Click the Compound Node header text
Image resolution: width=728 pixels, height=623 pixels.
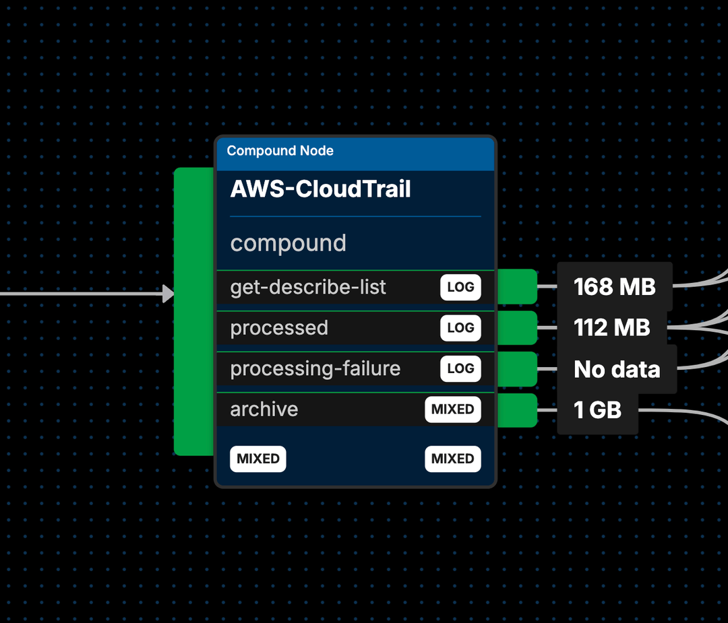click(x=280, y=151)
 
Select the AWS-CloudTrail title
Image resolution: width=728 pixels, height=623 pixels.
click(x=320, y=189)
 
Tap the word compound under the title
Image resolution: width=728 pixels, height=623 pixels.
click(x=288, y=243)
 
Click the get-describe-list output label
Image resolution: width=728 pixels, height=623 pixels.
click(x=308, y=288)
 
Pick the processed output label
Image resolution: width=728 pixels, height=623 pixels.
click(x=279, y=328)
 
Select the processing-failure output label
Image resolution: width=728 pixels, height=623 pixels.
click(x=315, y=369)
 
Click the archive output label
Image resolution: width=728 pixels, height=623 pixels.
click(x=264, y=409)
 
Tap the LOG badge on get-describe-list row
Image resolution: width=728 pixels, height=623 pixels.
click(x=460, y=288)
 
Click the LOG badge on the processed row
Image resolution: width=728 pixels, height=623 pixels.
click(x=460, y=328)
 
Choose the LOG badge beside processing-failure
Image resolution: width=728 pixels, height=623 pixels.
click(x=460, y=369)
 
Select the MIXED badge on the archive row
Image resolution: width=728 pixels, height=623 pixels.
click(x=452, y=409)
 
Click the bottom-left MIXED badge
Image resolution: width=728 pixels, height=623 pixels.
click(x=258, y=459)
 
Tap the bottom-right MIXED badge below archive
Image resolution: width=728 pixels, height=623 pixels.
click(x=452, y=459)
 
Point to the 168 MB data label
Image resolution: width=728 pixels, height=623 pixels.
click(x=614, y=287)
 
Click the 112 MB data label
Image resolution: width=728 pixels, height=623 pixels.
click(x=611, y=328)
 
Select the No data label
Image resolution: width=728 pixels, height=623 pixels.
click(x=616, y=369)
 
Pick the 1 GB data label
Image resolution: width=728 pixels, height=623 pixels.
click(x=597, y=409)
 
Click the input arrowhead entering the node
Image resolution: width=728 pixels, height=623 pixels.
click(x=168, y=294)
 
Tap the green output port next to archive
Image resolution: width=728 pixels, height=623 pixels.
click(x=517, y=410)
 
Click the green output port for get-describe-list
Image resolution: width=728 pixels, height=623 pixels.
click(x=517, y=286)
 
